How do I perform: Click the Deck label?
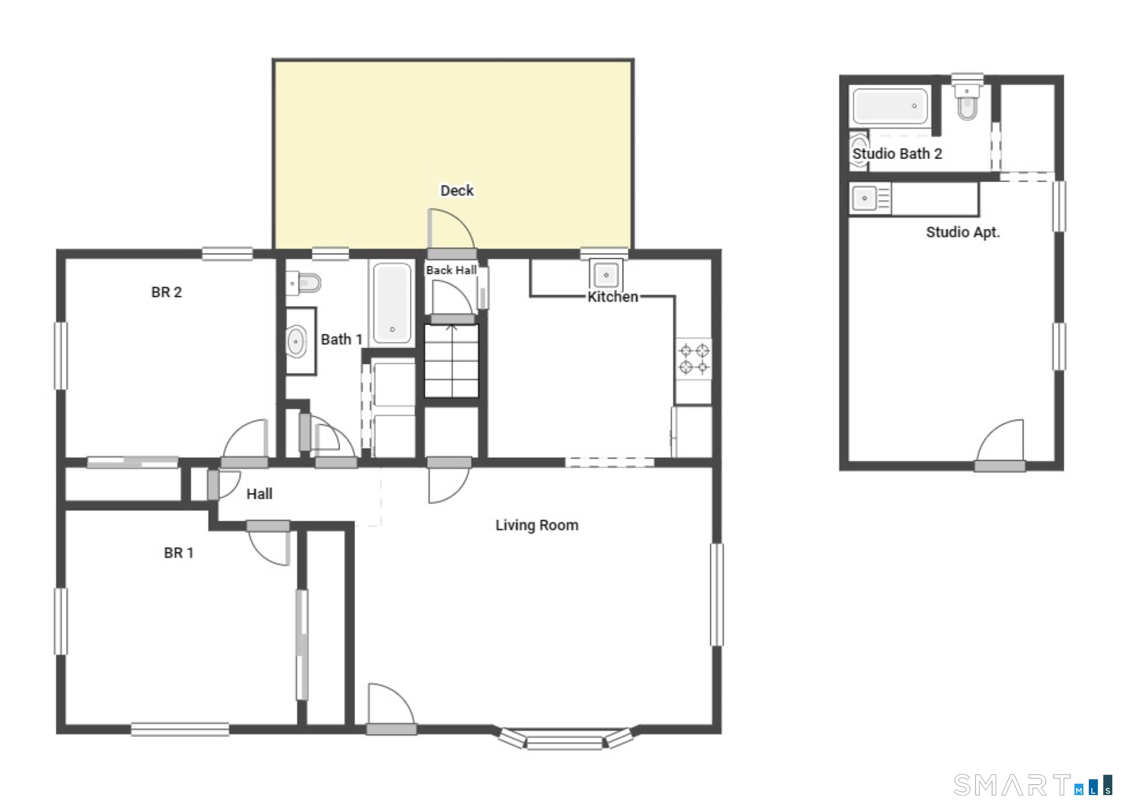(x=457, y=191)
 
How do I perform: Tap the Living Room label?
(x=537, y=525)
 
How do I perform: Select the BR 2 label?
(x=166, y=292)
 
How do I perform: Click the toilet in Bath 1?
(x=305, y=283)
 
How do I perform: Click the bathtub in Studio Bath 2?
(x=890, y=106)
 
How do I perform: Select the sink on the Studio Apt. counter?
(x=865, y=198)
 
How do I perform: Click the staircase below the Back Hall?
(x=451, y=361)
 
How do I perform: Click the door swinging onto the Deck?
(x=451, y=230)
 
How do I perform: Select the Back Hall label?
(x=451, y=270)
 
